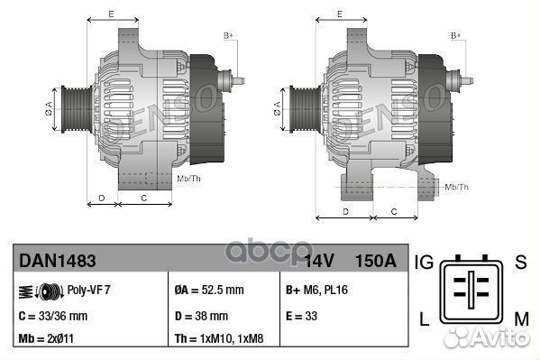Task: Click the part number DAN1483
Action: (58, 261)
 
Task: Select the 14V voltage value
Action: (319, 261)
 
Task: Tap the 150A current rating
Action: (376, 261)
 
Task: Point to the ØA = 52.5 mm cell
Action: (210, 291)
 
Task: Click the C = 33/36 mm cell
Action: (53, 316)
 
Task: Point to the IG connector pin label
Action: (425, 263)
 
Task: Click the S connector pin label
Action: (519, 263)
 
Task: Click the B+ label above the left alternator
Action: (228, 35)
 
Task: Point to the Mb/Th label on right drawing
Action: (457, 187)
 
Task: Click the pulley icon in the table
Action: (36, 291)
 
